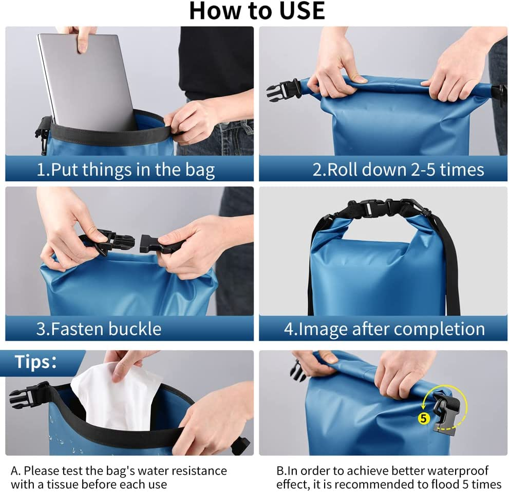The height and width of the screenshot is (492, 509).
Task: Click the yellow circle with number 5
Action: tap(423, 418)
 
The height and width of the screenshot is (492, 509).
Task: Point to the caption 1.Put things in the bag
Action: tap(126, 170)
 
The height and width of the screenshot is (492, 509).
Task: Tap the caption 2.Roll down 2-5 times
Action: tap(398, 169)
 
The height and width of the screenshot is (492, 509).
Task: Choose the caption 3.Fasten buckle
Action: tap(99, 328)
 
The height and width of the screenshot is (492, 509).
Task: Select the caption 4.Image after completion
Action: tap(384, 329)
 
